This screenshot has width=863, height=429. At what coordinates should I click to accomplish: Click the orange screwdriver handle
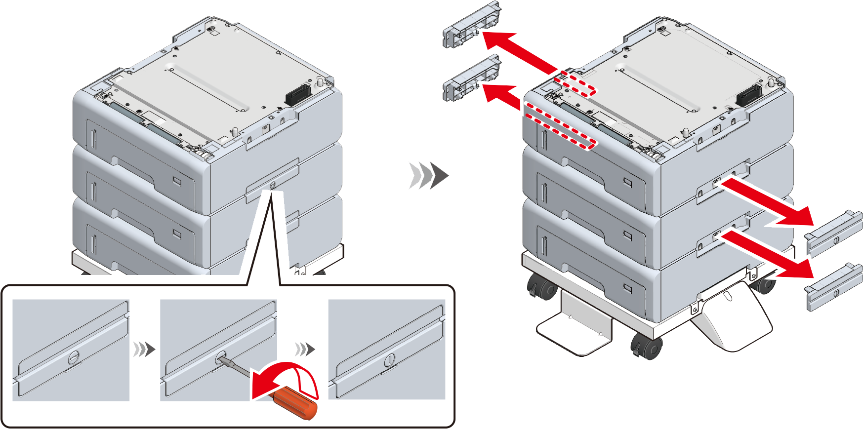pyautogui.click(x=295, y=403)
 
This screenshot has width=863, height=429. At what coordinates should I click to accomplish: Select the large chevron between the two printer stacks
pyautogui.click(x=427, y=175)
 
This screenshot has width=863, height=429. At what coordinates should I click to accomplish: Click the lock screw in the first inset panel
pyautogui.click(x=73, y=357)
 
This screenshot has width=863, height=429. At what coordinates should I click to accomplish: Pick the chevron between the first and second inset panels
pyautogui.click(x=144, y=350)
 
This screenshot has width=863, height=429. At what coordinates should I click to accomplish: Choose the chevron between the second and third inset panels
pyautogui.click(x=305, y=349)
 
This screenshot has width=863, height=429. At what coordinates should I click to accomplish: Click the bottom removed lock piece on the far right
pyautogui.click(x=833, y=288)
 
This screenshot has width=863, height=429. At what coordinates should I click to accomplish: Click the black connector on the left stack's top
pyautogui.click(x=297, y=95)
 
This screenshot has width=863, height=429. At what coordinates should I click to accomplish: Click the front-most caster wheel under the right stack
pyautogui.click(x=646, y=346)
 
